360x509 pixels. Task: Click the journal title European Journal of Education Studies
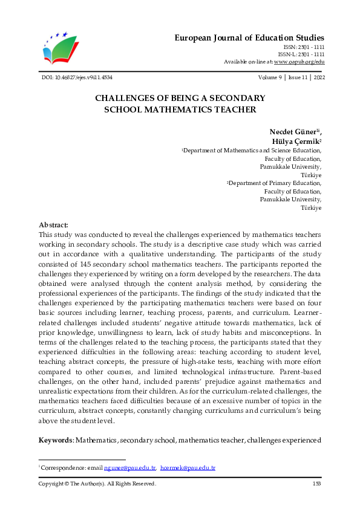click(249, 37)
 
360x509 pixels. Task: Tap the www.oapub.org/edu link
click(299, 62)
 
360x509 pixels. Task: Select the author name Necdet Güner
click(293, 132)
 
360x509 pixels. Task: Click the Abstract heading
click(53, 224)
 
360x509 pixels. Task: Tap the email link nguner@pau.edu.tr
click(130, 468)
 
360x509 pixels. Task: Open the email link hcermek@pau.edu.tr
click(188, 468)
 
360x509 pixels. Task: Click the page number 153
click(316, 484)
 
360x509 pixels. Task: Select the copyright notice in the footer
click(97, 484)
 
